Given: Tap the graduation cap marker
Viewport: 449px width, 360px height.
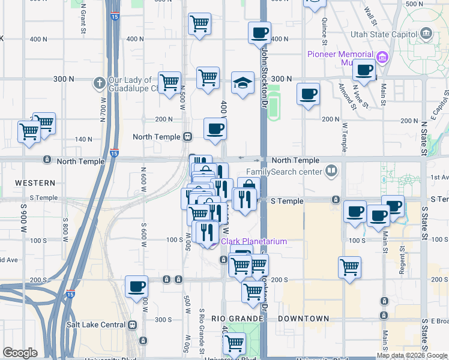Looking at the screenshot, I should [x=243, y=82].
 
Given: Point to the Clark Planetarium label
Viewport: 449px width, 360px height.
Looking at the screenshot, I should [x=255, y=241].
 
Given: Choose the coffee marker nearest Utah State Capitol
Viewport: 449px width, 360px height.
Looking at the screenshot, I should [x=364, y=70].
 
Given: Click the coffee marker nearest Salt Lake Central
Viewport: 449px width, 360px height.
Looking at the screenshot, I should [x=137, y=286].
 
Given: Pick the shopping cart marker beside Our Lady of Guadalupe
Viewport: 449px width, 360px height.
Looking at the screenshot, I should [x=169, y=82].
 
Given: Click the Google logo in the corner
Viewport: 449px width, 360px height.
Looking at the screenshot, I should [x=20, y=353].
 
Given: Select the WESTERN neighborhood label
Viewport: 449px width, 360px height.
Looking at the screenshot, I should [x=35, y=182].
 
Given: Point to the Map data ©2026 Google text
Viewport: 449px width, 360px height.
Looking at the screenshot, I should [x=411, y=355].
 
